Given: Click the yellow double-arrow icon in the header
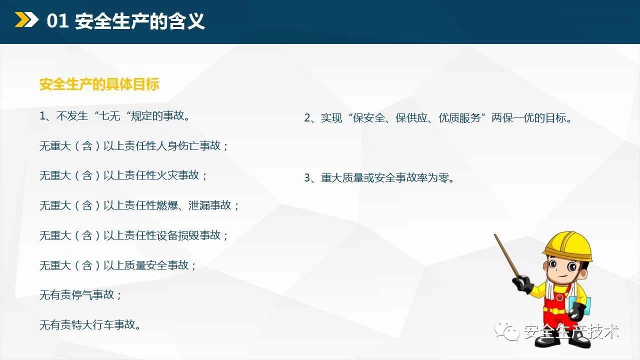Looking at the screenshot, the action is pos(26,19).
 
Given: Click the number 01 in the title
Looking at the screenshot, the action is pos(57,21).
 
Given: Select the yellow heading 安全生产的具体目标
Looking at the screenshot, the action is pos(99,84).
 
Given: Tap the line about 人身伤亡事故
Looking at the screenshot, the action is pos(134,145).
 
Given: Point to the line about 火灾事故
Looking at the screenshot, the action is pos(123,175).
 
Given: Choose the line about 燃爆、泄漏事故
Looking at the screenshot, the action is pos(139,205).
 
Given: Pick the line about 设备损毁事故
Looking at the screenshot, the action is pos(134,235).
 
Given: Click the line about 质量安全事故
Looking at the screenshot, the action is pos(117,265).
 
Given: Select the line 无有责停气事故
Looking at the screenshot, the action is pos(80,295).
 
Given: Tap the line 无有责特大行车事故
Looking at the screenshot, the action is pos(90,325).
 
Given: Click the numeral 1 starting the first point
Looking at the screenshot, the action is pos(42,116).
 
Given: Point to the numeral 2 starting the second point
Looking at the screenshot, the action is pos(307,118).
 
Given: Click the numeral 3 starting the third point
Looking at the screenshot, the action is pos(307,178).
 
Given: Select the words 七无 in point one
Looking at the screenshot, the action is pos(109,116).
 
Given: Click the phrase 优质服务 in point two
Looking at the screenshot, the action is pos(459,118).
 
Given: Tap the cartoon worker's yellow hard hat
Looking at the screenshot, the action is pos(568,246).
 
